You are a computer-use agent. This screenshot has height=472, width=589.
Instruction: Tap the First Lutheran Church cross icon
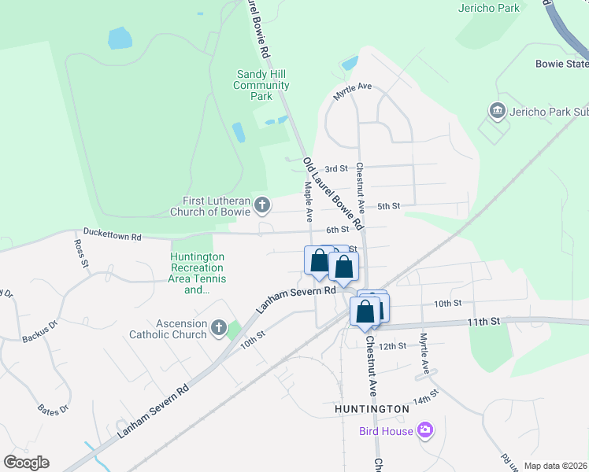pos(263,206)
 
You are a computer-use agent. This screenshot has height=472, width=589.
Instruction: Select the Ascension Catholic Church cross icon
pos(218,327)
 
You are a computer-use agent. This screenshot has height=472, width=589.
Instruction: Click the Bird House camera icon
pos(425,430)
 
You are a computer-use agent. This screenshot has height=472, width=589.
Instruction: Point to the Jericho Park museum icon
pos(497,111)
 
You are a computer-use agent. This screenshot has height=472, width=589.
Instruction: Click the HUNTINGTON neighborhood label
pos(372,409)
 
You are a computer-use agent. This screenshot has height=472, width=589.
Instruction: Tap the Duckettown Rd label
pos(113,235)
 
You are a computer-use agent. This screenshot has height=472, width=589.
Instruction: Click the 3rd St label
pos(336,168)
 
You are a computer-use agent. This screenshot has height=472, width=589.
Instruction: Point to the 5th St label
pos(389,206)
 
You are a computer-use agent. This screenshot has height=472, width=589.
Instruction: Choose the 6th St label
pos(337,229)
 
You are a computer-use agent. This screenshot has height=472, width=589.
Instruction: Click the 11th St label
pos(483,321)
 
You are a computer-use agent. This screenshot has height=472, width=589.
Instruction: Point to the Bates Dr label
pos(54,409)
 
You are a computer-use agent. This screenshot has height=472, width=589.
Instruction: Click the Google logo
pos(26,463)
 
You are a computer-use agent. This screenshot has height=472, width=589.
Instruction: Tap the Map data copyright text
pos(555,466)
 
